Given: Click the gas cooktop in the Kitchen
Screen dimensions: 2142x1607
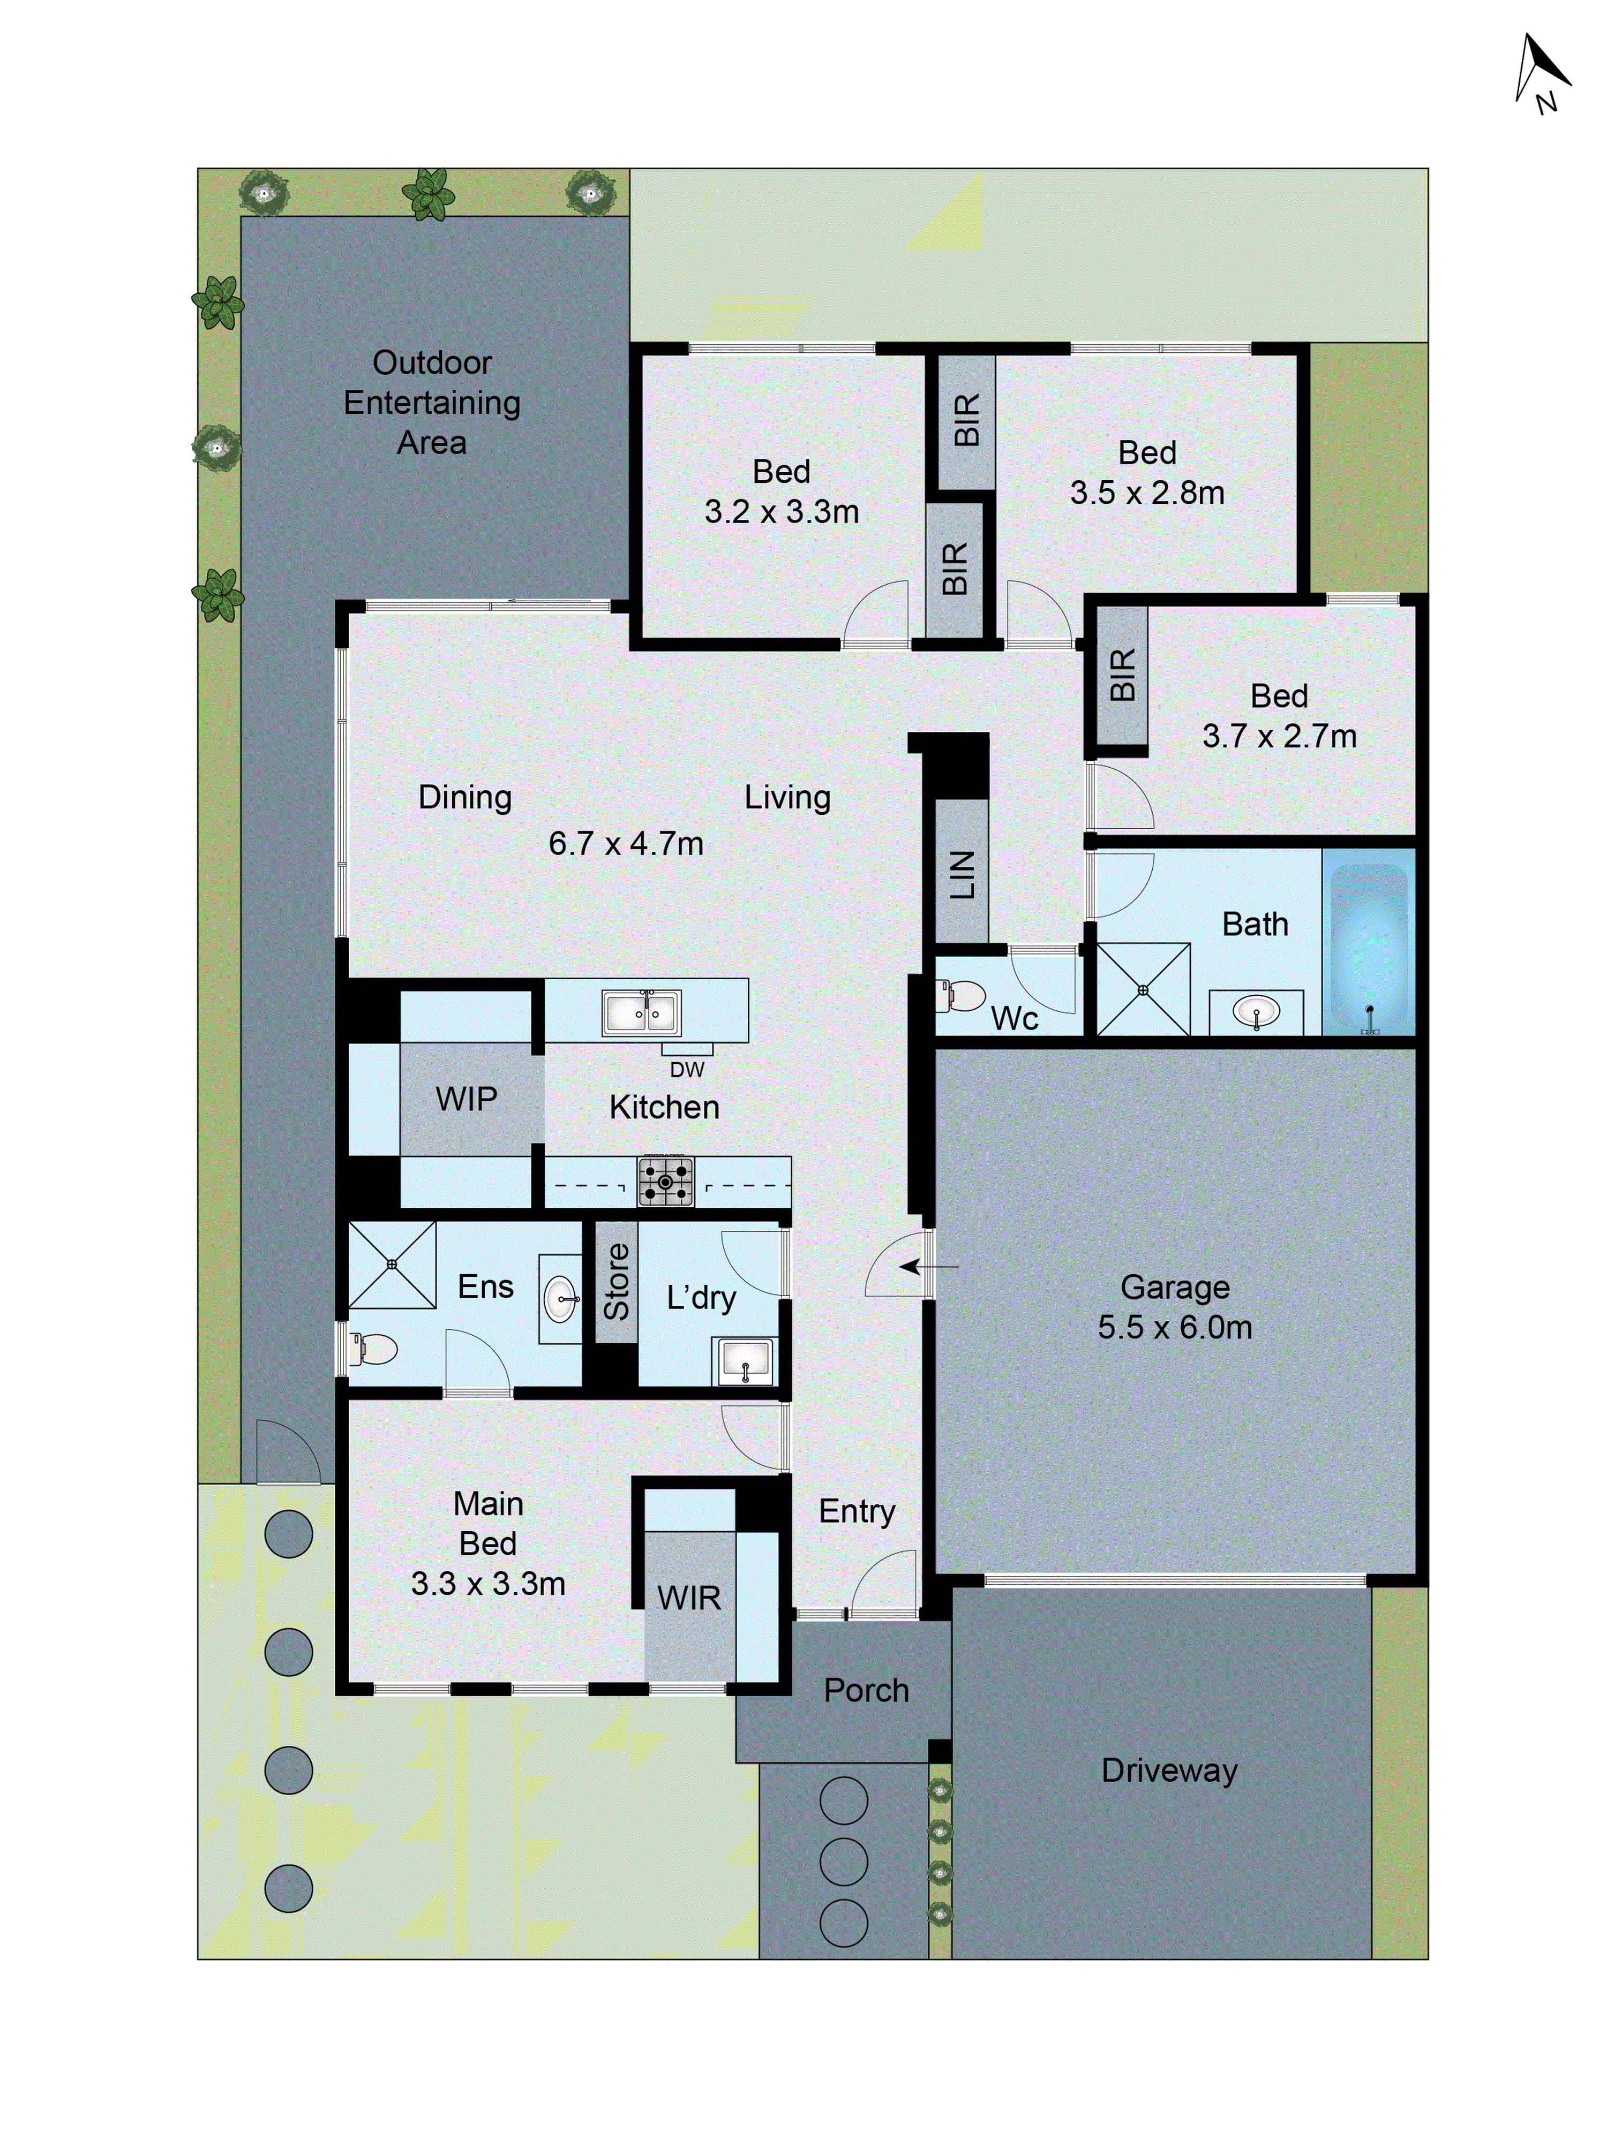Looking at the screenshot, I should [x=665, y=1182].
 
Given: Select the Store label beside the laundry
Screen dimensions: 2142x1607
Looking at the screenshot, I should [x=616, y=1282].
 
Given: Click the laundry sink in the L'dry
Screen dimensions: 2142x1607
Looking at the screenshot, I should [x=744, y=1360].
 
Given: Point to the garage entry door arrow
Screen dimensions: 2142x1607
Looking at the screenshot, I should [x=928, y=1266].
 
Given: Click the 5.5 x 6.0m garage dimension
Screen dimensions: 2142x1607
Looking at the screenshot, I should [x=1174, y=1327].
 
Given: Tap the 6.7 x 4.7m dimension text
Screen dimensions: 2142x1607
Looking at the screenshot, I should [x=626, y=843].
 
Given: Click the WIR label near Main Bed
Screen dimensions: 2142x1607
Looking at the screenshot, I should [x=689, y=1598].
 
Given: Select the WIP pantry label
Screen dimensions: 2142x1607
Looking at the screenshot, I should [x=466, y=1099].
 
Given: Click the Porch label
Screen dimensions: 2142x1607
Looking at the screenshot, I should [x=866, y=1690].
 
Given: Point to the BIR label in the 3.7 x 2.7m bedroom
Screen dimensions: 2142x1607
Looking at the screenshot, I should [x=1122, y=675].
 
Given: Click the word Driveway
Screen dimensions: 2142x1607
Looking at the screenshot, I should [x=1169, y=1770].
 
